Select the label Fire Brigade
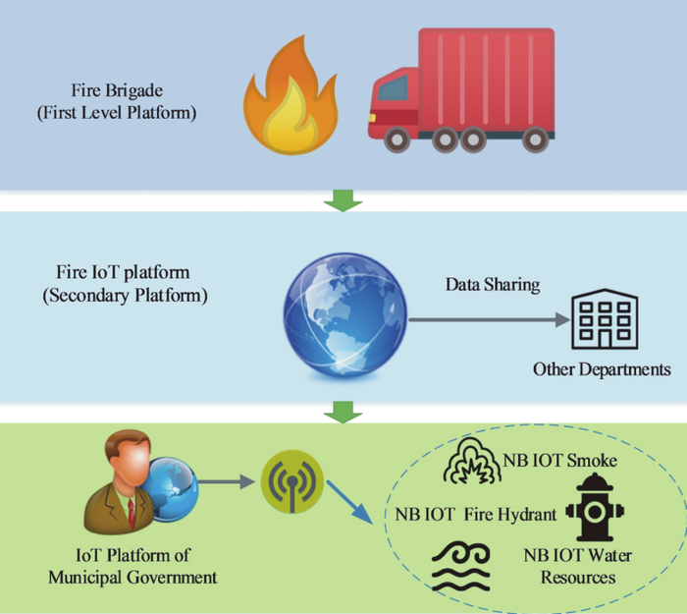[117, 91]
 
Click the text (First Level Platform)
[117, 112]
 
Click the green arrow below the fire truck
[343, 201]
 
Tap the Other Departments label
[602, 369]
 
